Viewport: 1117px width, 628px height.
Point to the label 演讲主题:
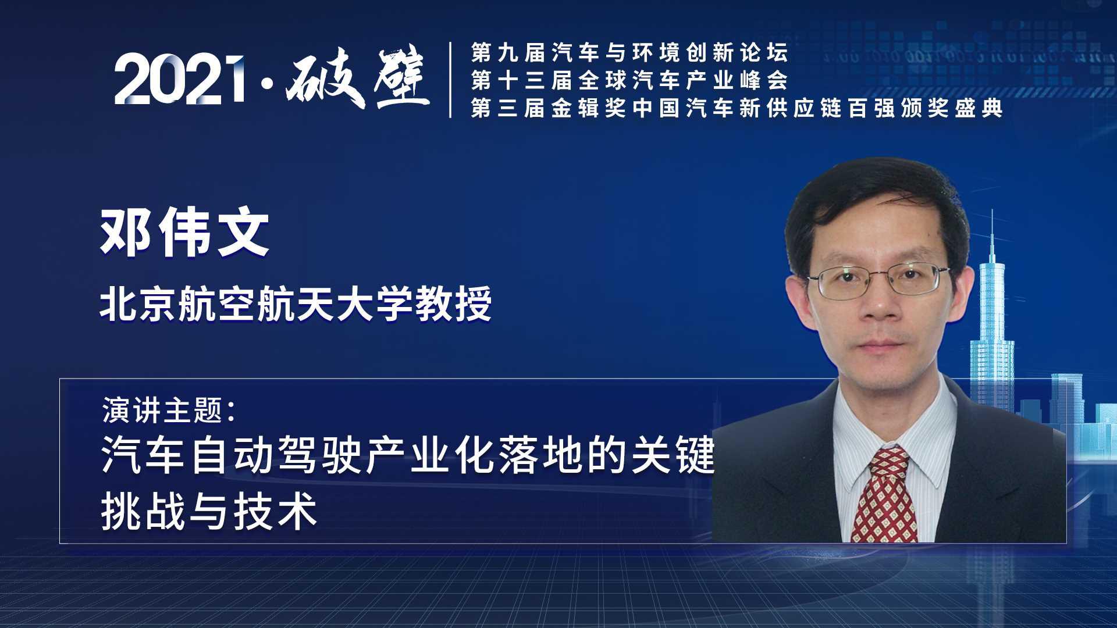pyautogui.click(x=169, y=410)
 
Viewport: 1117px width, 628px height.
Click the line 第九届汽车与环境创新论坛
pyautogui.click(x=629, y=53)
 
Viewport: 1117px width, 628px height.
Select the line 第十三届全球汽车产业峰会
pyautogui.click(x=629, y=80)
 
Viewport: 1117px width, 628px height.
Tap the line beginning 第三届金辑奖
pyautogui.click(x=737, y=108)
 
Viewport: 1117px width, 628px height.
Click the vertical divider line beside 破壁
pyautogui.click(x=451, y=80)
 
